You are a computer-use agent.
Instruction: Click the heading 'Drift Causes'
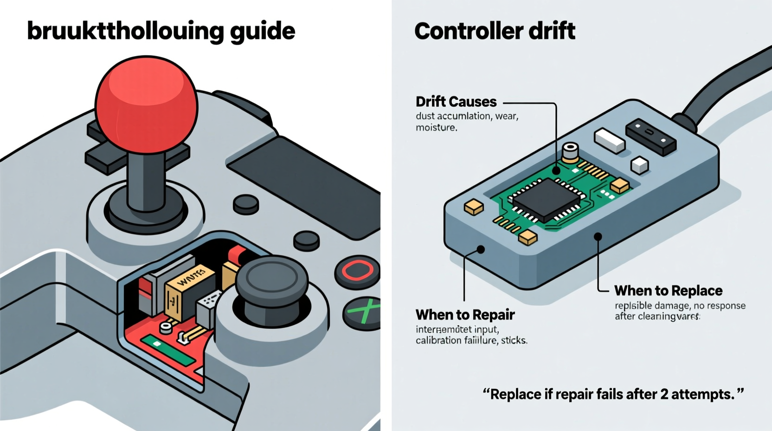456,102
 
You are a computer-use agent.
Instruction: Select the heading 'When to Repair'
465,315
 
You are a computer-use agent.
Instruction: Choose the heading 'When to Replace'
668,291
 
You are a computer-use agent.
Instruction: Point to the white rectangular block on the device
610,140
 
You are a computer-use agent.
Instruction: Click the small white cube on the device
640,165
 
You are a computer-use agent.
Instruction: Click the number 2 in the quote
664,394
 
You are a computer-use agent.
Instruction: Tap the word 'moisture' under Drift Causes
436,128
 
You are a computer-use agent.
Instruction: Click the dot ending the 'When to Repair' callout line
481,249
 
